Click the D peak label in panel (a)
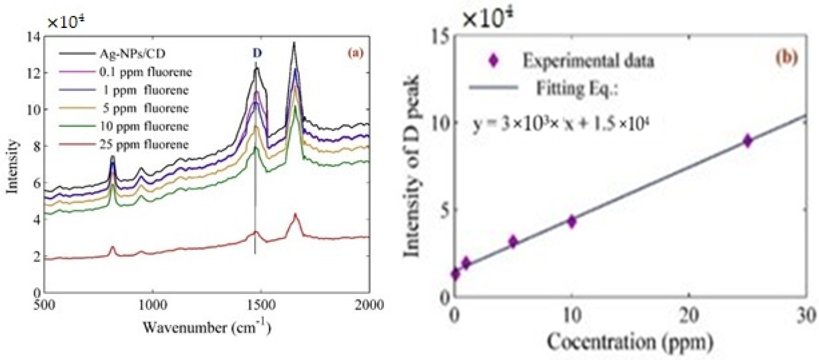[257, 53]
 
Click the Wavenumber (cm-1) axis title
[207, 327]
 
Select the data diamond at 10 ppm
[572, 221]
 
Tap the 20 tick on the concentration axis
[689, 316]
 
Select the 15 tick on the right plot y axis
[440, 36]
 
